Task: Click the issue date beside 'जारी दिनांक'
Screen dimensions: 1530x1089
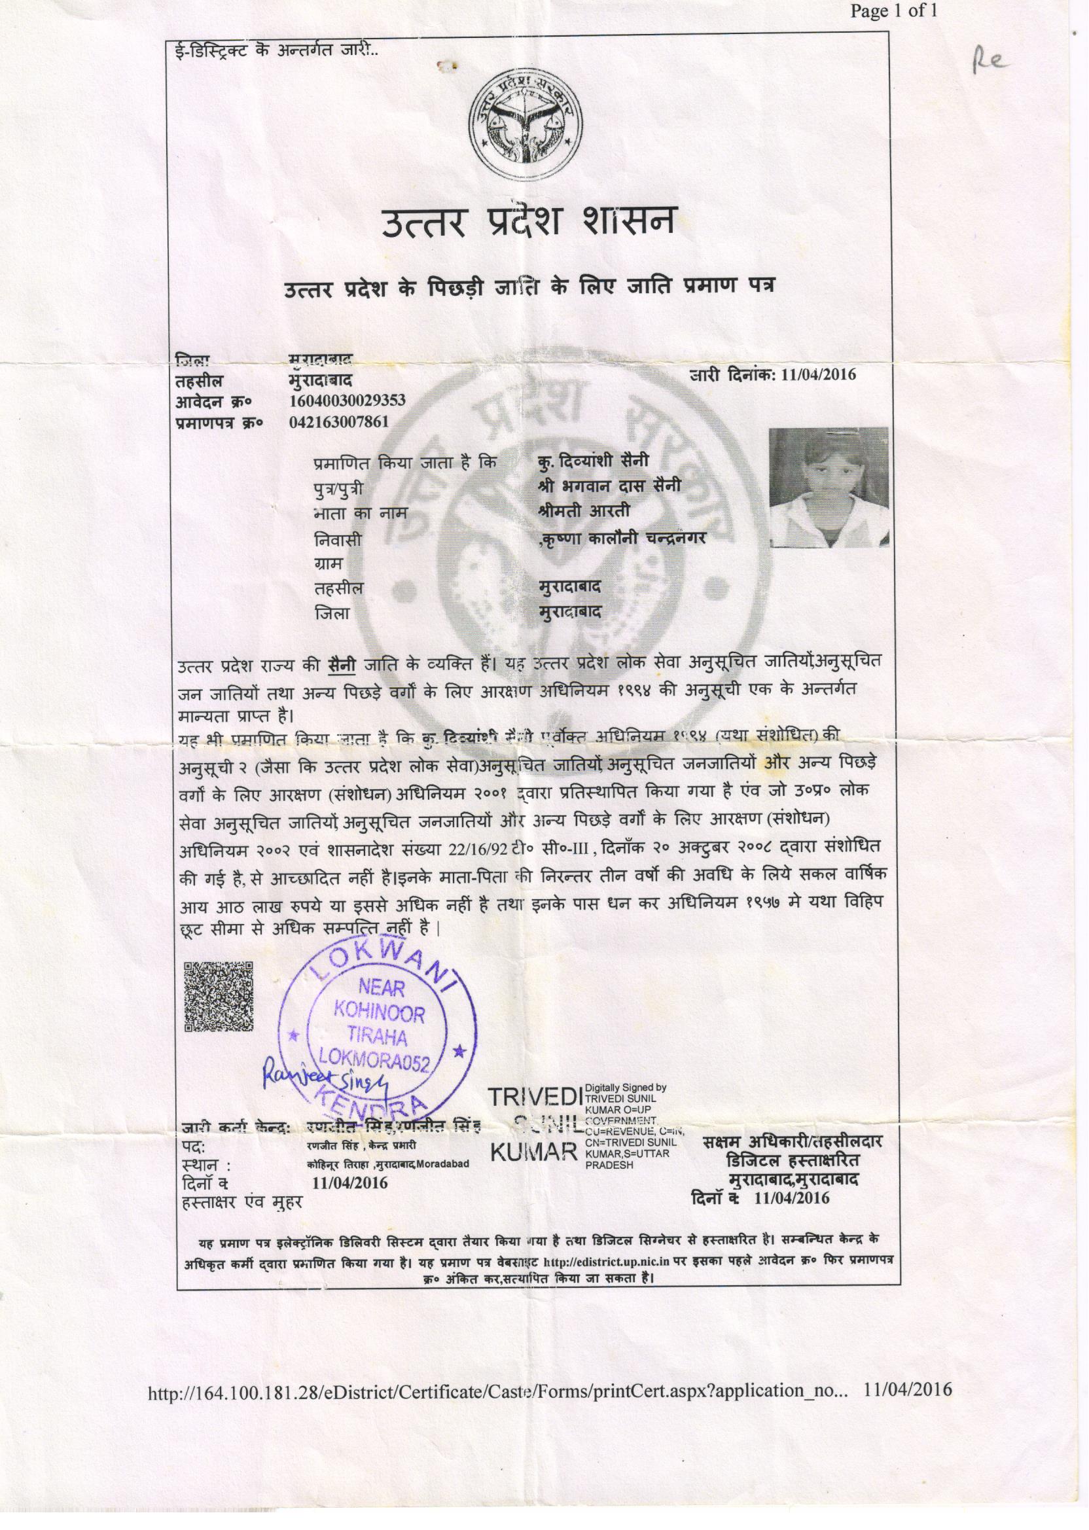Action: pyautogui.click(x=815, y=374)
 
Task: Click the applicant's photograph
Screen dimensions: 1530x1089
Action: pyautogui.click(x=828, y=488)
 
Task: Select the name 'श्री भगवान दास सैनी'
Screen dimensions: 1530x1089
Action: pyautogui.click(x=609, y=486)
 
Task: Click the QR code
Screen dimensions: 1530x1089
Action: pyautogui.click(x=218, y=995)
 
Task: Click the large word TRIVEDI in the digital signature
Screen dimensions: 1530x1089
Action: pyautogui.click(x=535, y=1097)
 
